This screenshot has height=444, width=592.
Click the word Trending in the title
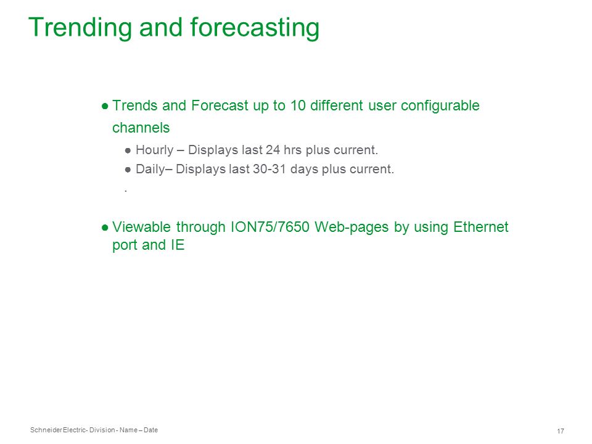coord(80,28)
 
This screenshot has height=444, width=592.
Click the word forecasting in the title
coord(255,28)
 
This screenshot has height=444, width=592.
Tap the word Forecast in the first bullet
coord(220,105)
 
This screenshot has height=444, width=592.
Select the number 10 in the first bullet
coord(298,105)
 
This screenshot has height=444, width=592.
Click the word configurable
coord(440,106)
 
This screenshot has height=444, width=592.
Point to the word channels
coord(141,128)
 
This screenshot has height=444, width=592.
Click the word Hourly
coord(154,150)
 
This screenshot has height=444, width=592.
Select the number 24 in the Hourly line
coord(273,150)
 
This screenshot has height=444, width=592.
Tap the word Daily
coord(150,169)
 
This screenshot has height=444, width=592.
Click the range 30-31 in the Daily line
coord(269,169)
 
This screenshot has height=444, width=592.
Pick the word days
coord(304,169)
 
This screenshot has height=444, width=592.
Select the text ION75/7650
coord(270,227)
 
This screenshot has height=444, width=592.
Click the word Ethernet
coord(480,227)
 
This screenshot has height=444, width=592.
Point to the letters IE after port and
coord(178,245)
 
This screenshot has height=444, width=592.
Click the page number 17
coord(561,431)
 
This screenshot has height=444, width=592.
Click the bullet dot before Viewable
coord(105,228)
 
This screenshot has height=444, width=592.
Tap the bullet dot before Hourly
coord(128,151)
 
